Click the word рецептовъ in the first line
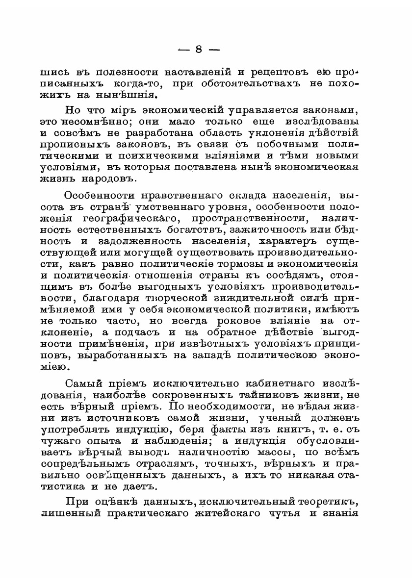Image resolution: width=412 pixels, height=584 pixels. point(280,72)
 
